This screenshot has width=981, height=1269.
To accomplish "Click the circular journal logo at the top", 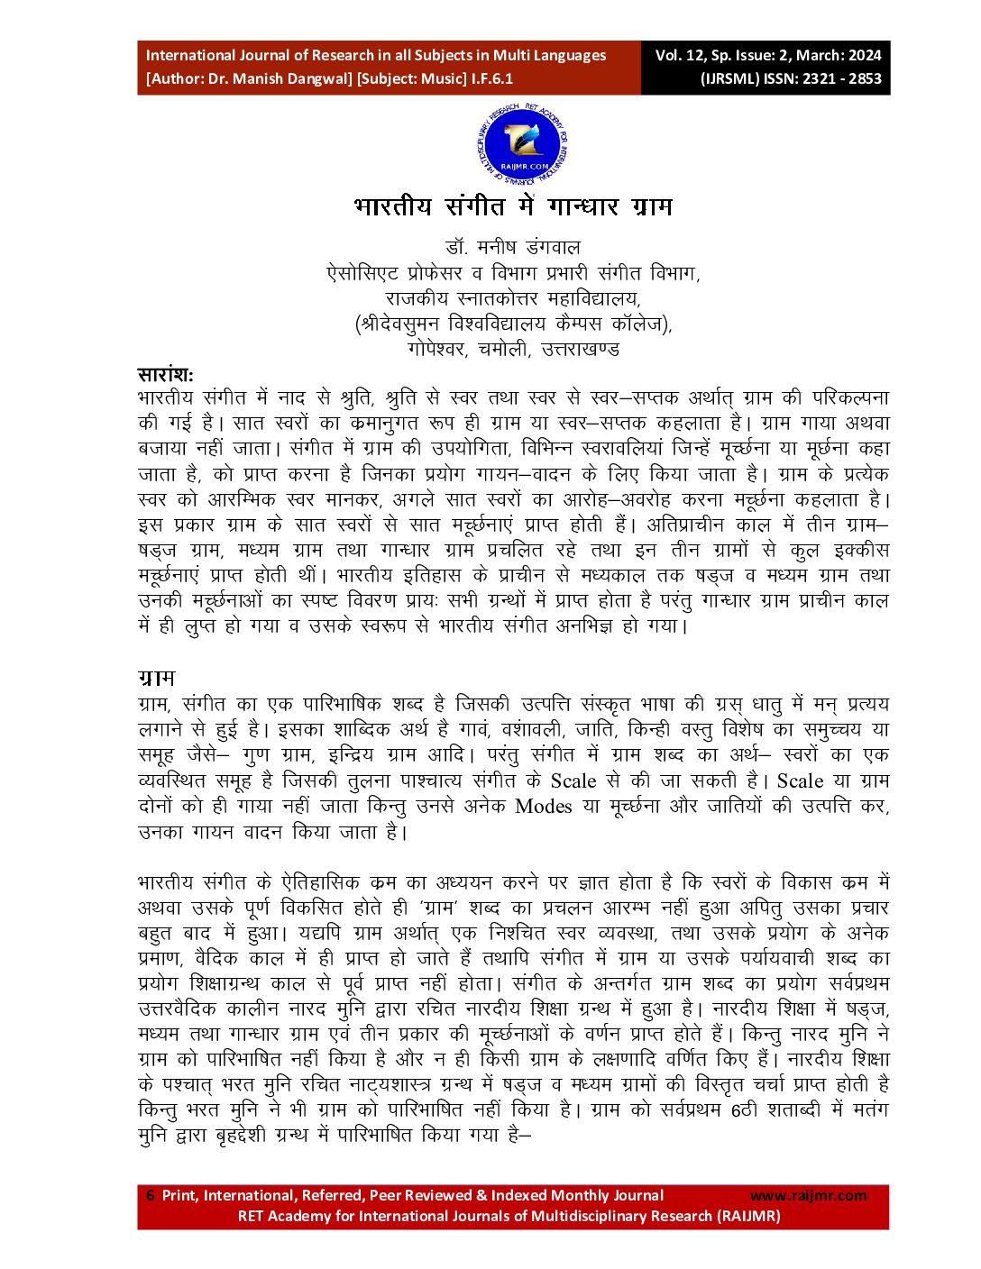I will pos(522,145).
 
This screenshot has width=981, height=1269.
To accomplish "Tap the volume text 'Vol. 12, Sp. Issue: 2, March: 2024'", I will pos(767,56).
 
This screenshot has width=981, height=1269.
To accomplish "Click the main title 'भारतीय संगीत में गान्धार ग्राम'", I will pos(513,206).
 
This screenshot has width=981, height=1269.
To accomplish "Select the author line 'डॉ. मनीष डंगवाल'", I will pos(513,247).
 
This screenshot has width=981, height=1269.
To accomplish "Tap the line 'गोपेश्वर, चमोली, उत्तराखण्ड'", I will pos(513,349).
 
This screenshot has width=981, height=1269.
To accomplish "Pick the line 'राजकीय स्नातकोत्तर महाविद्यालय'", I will pos(513,298).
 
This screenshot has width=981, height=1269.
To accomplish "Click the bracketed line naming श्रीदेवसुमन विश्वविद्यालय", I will pos(513,324).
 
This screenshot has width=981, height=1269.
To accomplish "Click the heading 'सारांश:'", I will pos(165,375).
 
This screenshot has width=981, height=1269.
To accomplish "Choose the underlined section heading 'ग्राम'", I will pos(156,678).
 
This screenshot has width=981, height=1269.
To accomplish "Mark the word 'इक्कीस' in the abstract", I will pos(860,550).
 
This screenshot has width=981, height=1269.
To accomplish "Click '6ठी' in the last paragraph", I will pos(747,1109).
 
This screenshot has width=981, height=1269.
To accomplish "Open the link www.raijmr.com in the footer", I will pos(808,1196).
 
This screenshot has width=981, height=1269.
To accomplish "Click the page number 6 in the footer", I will pos(151,1196).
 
